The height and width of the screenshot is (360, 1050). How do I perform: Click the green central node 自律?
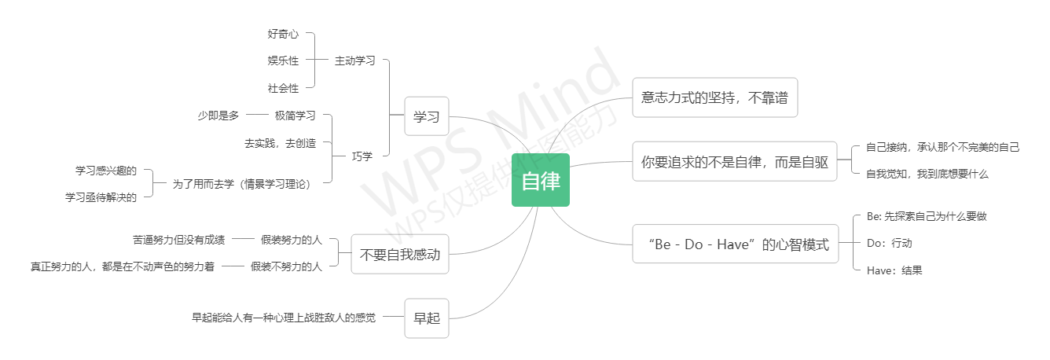pyautogui.click(x=540, y=180)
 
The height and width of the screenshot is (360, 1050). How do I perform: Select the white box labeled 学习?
pyautogui.click(x=427, y=117)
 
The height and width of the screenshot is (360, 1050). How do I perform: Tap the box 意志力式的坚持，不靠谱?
pyautogui.click(x=714, y=97)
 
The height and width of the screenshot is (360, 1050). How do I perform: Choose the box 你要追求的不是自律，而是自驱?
pyautogui.click(x=734, y=161)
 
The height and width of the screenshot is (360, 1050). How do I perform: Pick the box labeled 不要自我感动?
pyautogui.click(x=399, y=254)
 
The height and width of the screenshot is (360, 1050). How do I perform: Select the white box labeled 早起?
pyautogui.click(x=427, y=318)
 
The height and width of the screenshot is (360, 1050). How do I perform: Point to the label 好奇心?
pyautogui.click(x=283, y=35)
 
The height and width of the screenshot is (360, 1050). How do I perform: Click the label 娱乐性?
pyautogui.click(x=283, y=61)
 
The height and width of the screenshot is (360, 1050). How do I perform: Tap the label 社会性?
pyautogui.click(x=283, y=88)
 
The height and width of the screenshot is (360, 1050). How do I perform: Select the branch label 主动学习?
pyautogui.click(x=354, y=61)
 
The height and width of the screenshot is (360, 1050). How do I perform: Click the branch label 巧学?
pyautogui.click(x=362, y=156)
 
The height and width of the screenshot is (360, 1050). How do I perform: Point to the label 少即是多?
pyautogui.click(x=218, y=116)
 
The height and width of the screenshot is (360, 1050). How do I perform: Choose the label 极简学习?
pyautogui.click(x=295, y=116)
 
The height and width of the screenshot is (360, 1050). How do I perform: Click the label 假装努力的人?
pyautogui.click(x=292, y=239)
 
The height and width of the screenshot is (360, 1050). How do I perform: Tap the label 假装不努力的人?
pyautogui.click(x=286, y=266)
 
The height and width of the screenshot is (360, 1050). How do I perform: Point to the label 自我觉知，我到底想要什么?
pyautogui.click(x=927, y=174)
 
